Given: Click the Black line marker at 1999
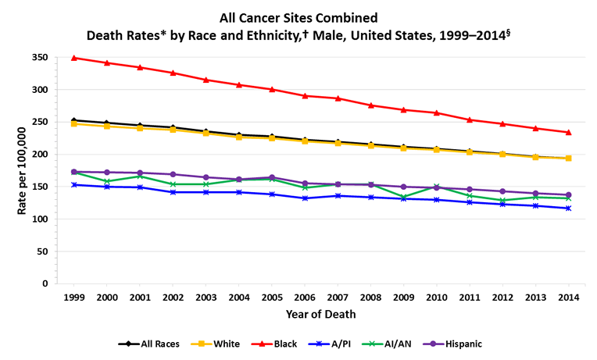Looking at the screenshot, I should click(x=74, y=58).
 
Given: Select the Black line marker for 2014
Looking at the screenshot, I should click(x=568, y=132).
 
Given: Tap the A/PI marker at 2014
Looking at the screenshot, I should click(x=568, y=209).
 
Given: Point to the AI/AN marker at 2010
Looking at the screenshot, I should click(x=436, y=187).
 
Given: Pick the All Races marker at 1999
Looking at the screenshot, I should click(x=74, y=120).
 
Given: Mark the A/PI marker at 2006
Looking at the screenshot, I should click(x=305, y=198).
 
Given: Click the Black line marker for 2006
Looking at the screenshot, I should click(x=305, y=96).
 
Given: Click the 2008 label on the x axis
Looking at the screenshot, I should click(x=370, y=298).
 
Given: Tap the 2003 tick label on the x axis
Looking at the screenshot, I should click(x=206, y=298).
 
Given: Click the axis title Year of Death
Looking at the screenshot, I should click(x=321, y=315).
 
